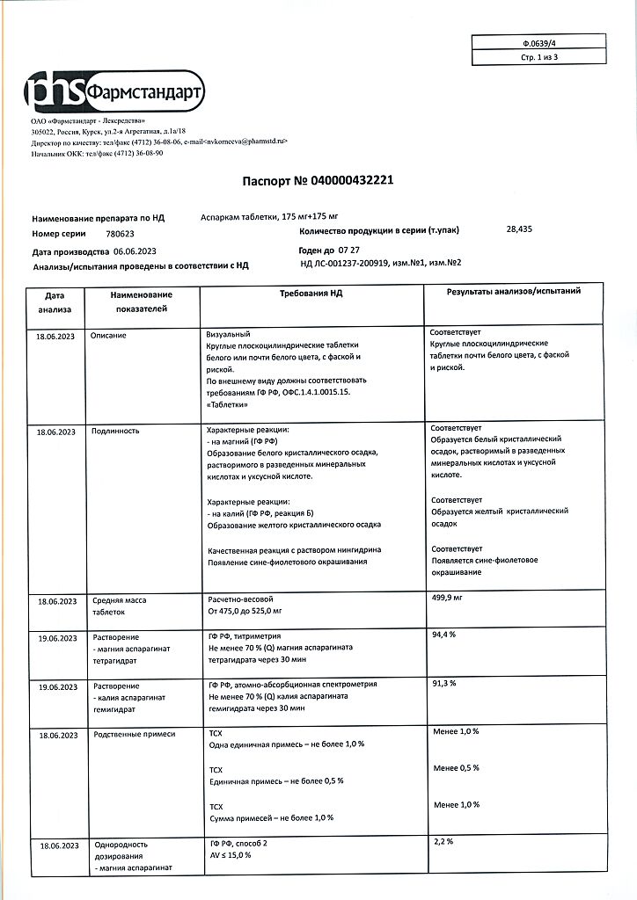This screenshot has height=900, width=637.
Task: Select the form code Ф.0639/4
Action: coord(539,42)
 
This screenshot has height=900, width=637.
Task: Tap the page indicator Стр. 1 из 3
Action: coord(539,57)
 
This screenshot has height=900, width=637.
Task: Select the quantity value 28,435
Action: coord(519,229)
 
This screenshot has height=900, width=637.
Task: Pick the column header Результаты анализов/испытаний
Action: coord(513,290)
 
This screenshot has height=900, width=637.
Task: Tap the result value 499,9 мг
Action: coord(447,597)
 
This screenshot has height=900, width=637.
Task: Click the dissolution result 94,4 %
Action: coord(443,633)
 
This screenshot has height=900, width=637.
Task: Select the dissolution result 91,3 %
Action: coord(443,682)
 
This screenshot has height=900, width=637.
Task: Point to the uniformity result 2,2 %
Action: coord(443,841)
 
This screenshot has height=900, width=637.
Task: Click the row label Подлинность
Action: coord(115,431)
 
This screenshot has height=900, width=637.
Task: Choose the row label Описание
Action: coord(109,335)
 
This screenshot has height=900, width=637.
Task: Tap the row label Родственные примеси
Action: coord(134,732)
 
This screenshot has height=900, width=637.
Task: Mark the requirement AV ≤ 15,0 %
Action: coord(230,855)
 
